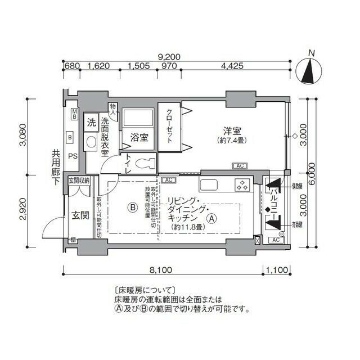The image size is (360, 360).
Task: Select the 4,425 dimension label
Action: point(232,66)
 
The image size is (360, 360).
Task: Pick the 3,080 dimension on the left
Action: point(23,134)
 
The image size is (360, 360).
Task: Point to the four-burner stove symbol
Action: point(242,184)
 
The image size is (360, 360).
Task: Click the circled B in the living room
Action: point(132,207)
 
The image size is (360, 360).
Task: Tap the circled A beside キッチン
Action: point(211,219)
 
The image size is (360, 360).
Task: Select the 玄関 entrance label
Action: point(78,215)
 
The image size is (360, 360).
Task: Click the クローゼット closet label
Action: point(169,127)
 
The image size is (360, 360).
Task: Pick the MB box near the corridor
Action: point(75,114)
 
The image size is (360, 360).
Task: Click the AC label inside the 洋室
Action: point(240,166)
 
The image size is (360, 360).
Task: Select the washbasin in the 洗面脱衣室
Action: point(91,144)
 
